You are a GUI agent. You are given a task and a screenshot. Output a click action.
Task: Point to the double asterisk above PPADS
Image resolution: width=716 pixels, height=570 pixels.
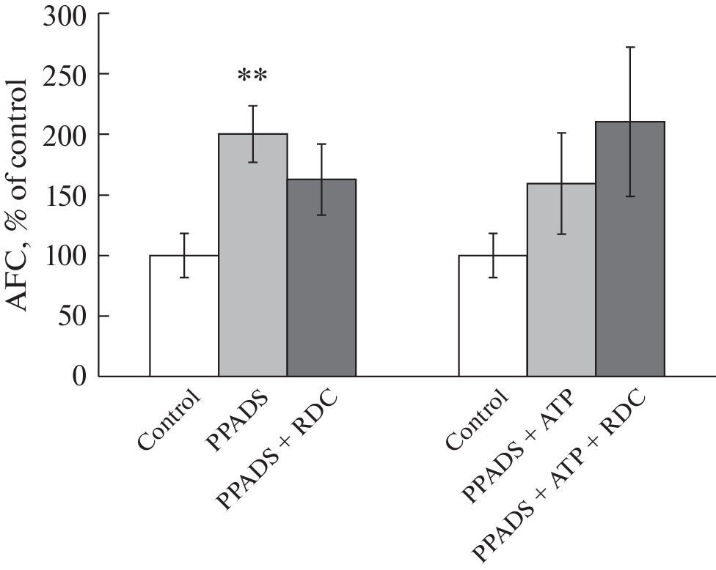(x=252, y=76)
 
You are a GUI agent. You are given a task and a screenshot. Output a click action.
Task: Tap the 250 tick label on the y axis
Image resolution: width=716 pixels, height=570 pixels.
(x=65, y=75)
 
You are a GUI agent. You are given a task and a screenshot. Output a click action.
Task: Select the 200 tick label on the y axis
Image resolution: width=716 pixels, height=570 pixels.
(x=65, y=135)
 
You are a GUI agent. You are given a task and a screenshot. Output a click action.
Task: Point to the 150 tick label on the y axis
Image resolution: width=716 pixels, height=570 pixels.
(x=65, y=196)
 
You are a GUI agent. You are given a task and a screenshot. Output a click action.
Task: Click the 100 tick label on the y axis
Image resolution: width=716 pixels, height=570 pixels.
(x=65, y=256)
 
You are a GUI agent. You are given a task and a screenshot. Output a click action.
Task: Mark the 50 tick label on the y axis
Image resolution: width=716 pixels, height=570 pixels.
(x=73, y=316)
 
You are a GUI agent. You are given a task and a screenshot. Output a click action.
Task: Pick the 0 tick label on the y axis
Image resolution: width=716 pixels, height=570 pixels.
(x=81, y=377)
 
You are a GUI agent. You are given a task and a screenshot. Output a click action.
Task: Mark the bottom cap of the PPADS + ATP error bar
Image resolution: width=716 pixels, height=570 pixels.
(x=561, y=234)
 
